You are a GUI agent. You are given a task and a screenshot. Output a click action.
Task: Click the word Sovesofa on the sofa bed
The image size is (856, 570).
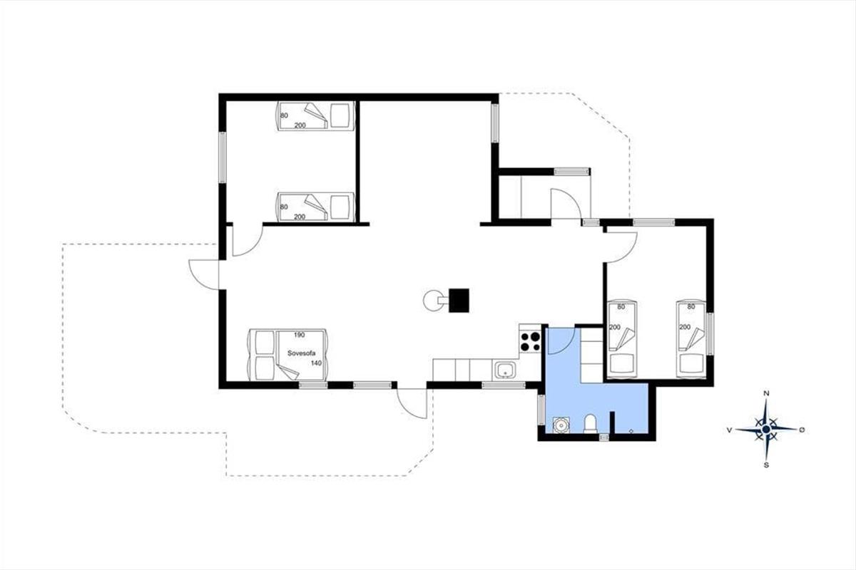pyautogui.click(x=301, y=353)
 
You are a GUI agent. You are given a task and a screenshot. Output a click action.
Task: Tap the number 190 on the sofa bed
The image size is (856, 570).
pyautogui.click(x=299, y=335)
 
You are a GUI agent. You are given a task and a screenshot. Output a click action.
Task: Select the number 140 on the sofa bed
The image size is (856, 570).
pyautogui.click(x=316, y=363)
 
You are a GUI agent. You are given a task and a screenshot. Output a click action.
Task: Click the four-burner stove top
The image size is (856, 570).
pyautogui.click(x=530, y=342)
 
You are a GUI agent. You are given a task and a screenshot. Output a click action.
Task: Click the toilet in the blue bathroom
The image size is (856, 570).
pyautogui.click(x=591, y=424)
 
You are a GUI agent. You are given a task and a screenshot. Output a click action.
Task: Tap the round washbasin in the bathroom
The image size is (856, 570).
pyautogui.click(x=561, y=425)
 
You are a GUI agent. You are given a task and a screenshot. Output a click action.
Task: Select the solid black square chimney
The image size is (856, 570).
pyautogui.click(x=459, y=301)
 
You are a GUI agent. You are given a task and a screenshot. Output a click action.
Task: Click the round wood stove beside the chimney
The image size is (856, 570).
pyautogui.click(x=432, y=301)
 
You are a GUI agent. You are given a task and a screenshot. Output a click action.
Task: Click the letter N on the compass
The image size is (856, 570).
pyautogui.click(x=766, y=393)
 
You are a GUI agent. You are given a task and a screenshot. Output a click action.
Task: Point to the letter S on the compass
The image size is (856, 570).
pyautogui.click(x=766, y=465)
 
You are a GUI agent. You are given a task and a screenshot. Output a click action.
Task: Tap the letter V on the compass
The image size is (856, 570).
pyautogui.click(x=729, y=430)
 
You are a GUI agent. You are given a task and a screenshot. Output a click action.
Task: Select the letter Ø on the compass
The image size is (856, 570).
pyautogui.click(x=802, y=430)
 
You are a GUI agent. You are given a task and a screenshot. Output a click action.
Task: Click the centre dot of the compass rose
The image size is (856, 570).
pyautogui.click(x=766, y=430)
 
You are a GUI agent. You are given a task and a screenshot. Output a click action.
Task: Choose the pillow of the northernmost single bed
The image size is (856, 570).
pyautogui.click(x=340, y=115)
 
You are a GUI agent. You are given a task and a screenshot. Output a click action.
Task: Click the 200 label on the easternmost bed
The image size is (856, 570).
pyautogui.click(x=685, y=327)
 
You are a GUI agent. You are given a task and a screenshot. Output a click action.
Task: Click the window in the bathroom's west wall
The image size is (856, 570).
pyautogui.click(x=541, y=410)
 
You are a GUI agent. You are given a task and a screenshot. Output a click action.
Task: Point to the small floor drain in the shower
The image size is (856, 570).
pyautogui.click(x=631, y=431)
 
